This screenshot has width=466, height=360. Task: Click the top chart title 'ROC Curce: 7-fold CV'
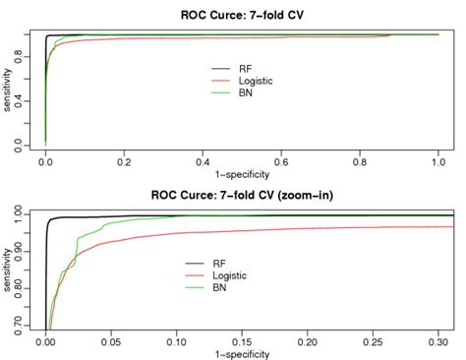click(x=241, y=14)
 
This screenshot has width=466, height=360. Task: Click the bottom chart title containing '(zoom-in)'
click(x=241, y=194)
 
